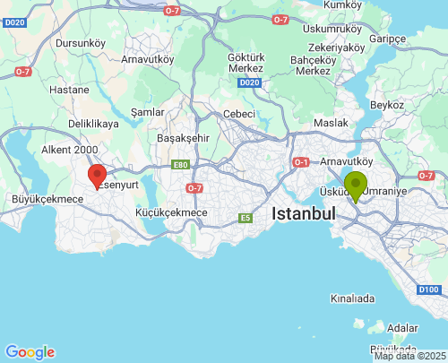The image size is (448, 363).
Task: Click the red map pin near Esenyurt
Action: pos(97,176)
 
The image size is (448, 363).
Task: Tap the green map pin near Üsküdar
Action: pos(356,185)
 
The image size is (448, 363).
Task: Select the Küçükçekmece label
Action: pos(171,212)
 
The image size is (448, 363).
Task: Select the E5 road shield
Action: pos(245,217)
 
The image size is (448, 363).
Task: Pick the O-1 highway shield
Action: pos(301,162)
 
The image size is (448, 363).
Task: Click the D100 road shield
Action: pos(428,290)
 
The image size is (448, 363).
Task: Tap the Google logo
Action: pos(30,352)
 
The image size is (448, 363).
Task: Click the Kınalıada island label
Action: pos(351,298)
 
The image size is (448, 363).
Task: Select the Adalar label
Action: pos(402,328)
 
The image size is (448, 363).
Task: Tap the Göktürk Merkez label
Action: pos(246,61)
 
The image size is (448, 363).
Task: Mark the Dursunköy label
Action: pos(81,42)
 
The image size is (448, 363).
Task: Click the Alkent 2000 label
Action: pos(70,150)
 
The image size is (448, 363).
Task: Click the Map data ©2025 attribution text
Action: pos(409,356)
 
